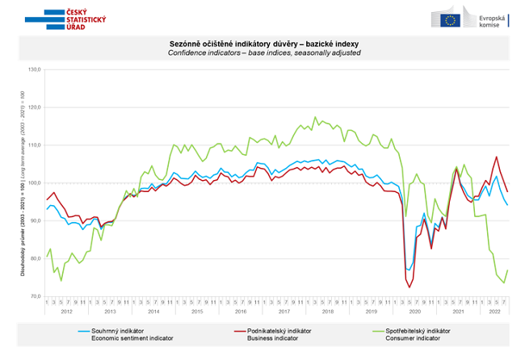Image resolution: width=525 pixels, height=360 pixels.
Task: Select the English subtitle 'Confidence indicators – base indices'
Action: pyautogui.click(x=265, y=52)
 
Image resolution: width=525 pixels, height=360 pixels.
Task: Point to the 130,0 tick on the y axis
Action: pyautogui.click(x=36, y=70)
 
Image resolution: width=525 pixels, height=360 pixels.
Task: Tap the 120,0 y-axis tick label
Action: pyautogui.click(x=36, y=107)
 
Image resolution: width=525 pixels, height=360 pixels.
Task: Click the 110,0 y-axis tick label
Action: pyautogui.click(x=36, y=145)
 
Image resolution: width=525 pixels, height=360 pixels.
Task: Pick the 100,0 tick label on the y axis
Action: pyautogui.click(x=36, y=183)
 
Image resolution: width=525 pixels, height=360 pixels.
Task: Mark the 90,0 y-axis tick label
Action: pyautogui.click(x=36, y=221)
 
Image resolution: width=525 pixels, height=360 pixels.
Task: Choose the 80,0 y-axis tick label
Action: pyautogui.click(x=36, y=258)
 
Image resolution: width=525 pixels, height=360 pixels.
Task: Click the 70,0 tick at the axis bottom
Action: pyautogui.click(x=36, y=296)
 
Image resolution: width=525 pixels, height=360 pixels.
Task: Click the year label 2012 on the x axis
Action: pyautogui.click(x=66, y=311)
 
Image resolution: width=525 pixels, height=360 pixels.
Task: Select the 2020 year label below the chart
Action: pyautogui.click(x=414, y=311)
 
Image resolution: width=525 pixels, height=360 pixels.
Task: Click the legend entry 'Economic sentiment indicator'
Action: pyautogui.click(x=130, y=334)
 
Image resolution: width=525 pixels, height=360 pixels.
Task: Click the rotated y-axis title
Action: pyautogui.click(x=22, y=183)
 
